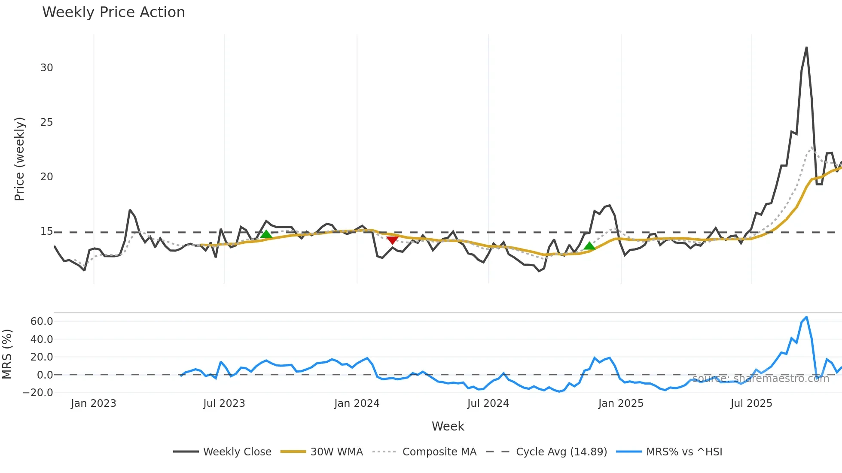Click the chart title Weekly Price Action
pos(113,12)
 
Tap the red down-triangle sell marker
pos(392,240)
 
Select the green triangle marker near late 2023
pos(266,234)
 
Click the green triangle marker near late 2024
pos(589,246)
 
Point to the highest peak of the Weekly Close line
pos(806,48)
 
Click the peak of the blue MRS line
pos(806,318)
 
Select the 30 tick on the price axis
pos(46,68)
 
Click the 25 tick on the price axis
pos(46,122)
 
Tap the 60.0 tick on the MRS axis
pos(42,321)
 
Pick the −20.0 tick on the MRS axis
pos(38,393)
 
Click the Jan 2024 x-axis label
pos(357,403)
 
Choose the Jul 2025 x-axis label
pos(751,403)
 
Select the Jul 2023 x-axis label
pos(224,403)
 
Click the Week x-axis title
pos(448,426)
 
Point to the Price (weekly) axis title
pos(19,159)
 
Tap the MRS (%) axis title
pos(7,354)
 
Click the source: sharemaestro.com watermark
pos(760,379)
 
